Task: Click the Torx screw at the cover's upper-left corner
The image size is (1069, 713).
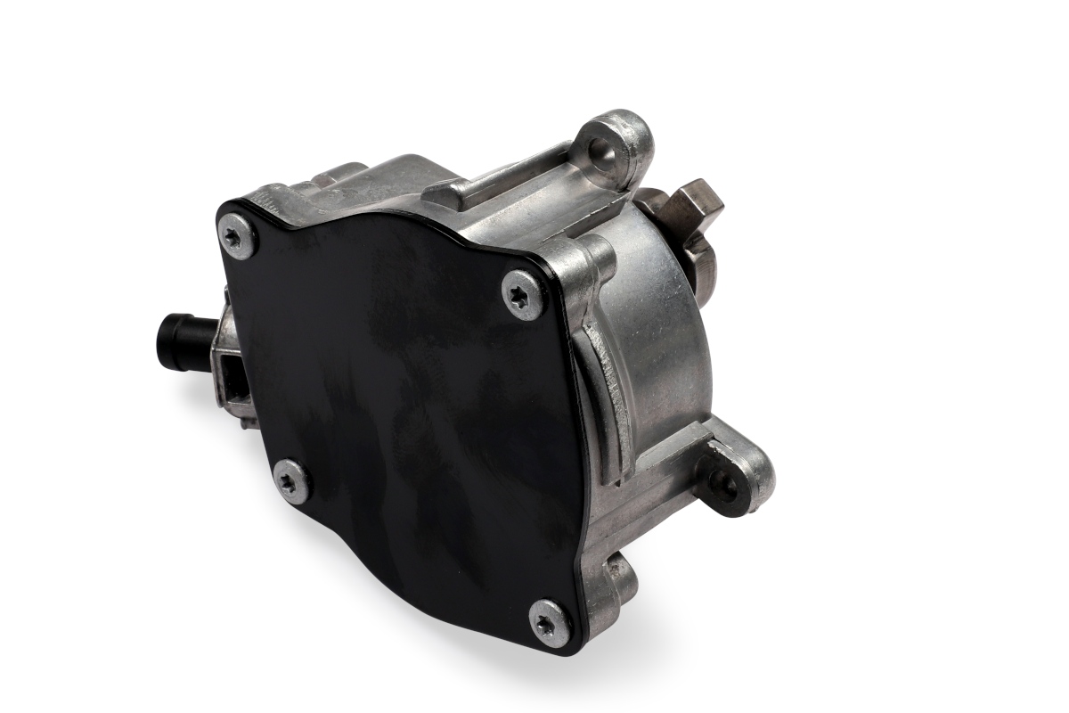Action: [237, 236]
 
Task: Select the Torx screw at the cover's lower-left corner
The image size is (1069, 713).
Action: [291, 482]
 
